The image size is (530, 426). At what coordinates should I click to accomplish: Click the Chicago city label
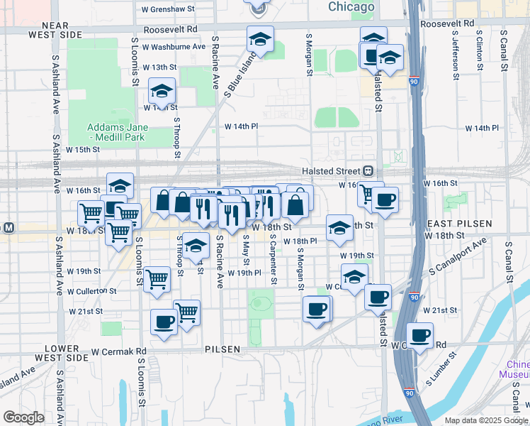(351, 7)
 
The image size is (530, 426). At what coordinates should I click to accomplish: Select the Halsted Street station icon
(368, 171)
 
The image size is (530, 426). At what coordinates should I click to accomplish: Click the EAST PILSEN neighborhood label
(458, 223)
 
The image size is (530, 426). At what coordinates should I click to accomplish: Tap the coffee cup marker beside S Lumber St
(419, 334)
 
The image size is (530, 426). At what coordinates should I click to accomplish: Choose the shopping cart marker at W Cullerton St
(157, 279)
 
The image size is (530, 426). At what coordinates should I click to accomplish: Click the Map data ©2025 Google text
(486, 420)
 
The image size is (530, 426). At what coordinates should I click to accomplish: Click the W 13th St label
(158, 67)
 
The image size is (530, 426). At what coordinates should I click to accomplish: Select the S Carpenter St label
(272, 258)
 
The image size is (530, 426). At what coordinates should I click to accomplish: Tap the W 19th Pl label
(245, 273)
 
